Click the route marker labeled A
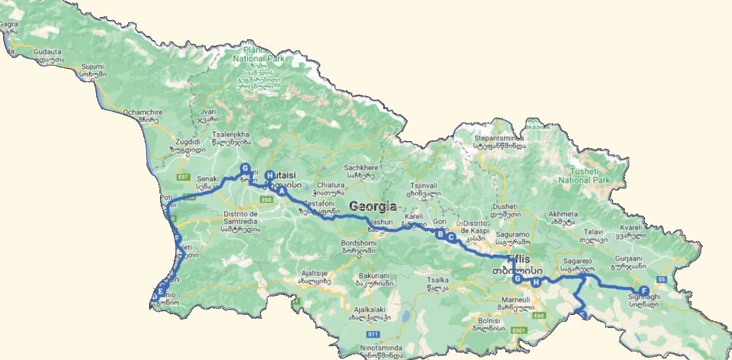pos(282,191)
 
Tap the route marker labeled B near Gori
pos(441,233)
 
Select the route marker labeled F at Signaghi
pos(644,291)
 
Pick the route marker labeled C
pos(451,238)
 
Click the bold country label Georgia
pos(373,206)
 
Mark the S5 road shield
pos(661,280)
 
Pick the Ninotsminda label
pos(378,348)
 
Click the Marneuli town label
pos(510,299)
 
